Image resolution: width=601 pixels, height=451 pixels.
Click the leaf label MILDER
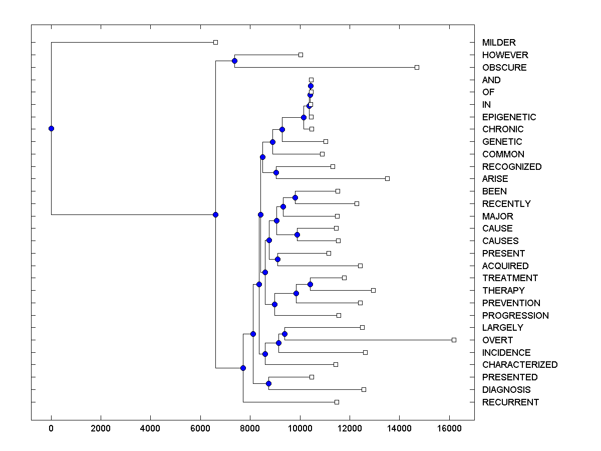coord(498,43)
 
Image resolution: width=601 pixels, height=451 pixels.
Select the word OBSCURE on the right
coord(504,68)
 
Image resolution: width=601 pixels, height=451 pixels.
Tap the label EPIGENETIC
coord(509,117)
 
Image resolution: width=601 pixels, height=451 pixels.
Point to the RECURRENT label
coord(510,402)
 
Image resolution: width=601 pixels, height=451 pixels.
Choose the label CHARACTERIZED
coord(519,365)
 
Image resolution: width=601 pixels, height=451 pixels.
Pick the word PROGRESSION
coord(515,316)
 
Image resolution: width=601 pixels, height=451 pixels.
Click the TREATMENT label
coord(510,278)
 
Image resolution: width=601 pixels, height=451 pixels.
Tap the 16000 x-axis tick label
coord(449,428)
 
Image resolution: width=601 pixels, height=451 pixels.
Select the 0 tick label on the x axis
coord(51,428)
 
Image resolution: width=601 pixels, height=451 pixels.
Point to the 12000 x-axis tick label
coord(350,428)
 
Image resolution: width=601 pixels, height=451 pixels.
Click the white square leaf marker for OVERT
coord(454,340)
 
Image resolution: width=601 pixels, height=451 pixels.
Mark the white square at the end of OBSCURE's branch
coord(417,67)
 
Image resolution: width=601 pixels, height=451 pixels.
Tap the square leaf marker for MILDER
coord(215,43)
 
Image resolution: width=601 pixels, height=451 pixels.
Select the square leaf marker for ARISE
coord(387,178)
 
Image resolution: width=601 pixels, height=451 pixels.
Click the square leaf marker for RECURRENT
coord(337,402)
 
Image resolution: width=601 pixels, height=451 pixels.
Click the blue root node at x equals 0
coord(51,128)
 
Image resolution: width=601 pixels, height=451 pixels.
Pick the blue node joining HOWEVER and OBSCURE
coord(234,61)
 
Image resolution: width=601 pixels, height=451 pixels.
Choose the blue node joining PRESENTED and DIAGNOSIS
coord(268,383)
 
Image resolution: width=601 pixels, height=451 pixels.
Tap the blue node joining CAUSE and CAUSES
coord(297,235)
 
